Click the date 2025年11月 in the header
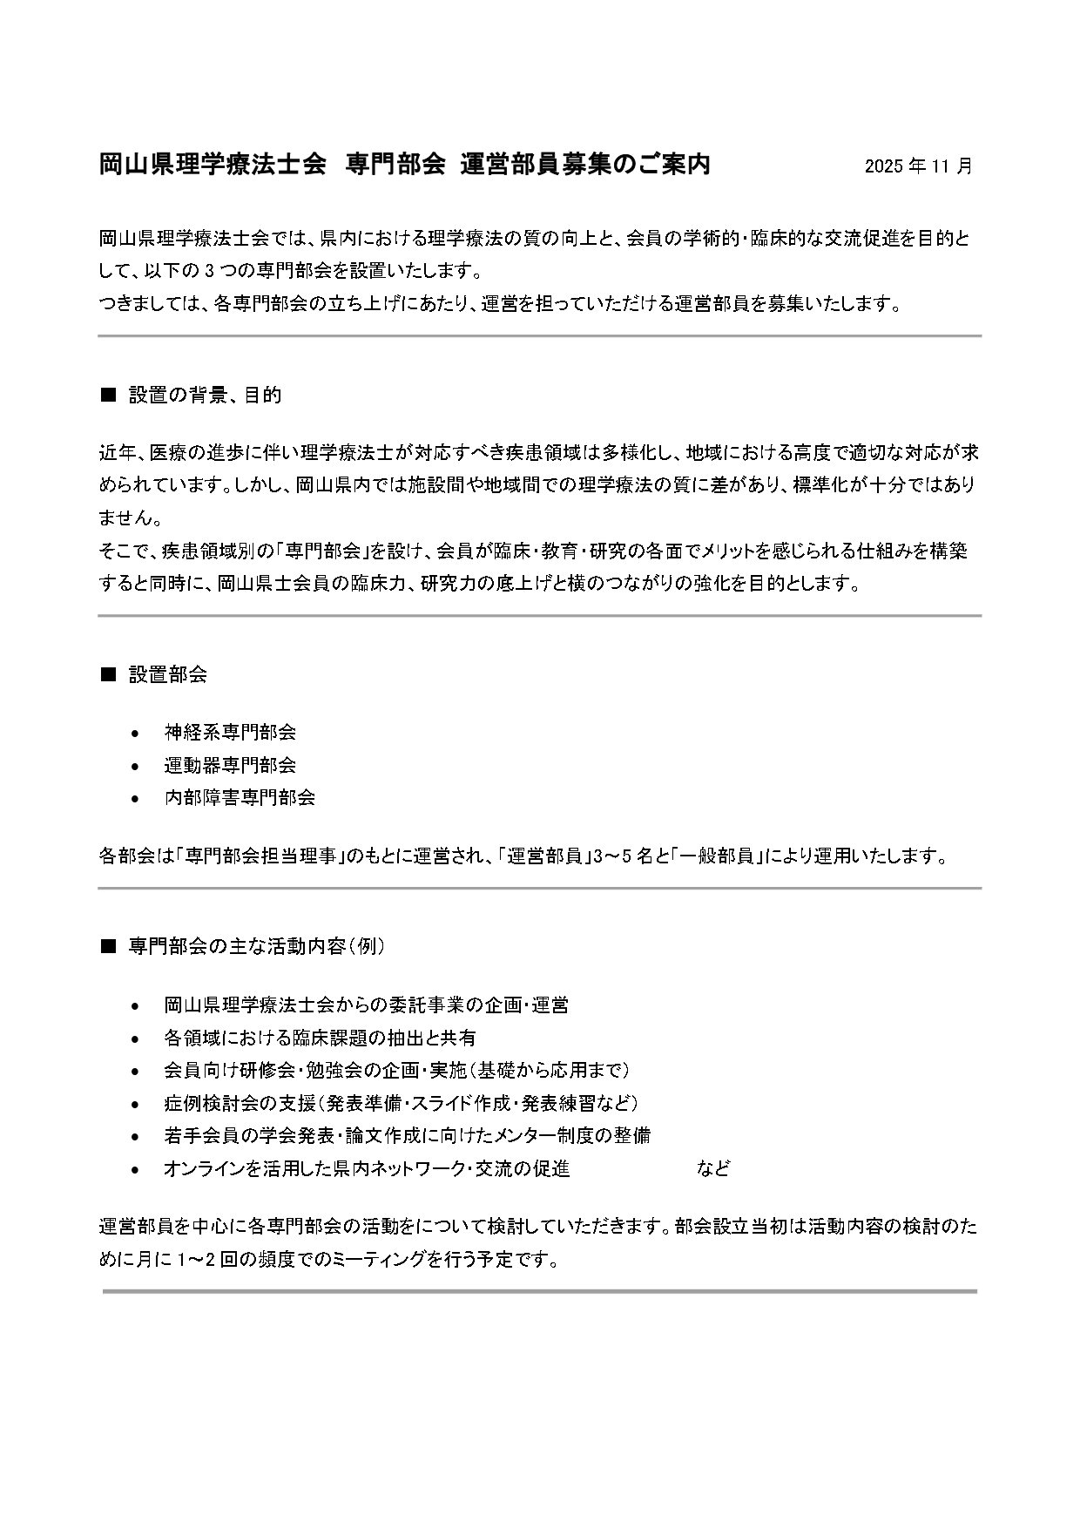pyautogui.click(x=918, y=166)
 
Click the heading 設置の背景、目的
pyautogui.click(x=205, y=396)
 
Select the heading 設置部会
pyautogui.click(x=167, y=674)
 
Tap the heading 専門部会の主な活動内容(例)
pyautogui.click(x=256, y=946)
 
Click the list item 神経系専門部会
pyautogui.click(x=230, y=733)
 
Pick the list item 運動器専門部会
pyautogui.click(x=230, y=765)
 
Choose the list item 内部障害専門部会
pyautogui.click(x=240, y=797)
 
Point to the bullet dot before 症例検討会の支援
pyautogui.click(x=134, y=1105)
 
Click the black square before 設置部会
pyautogui.click(x=109, y=674)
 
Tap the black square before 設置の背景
pyautogui.click(x=109, y=396)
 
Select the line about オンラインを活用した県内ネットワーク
pyautogui.click(x=367, y=1169)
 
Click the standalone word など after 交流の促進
pyautogui.click(x=712, y=1169)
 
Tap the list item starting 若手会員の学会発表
pyautogui.click(x=407, y=1136)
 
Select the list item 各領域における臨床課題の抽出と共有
pyautogui.click(x=320, y=1038)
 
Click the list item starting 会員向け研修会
pyautogui.click(x=396, y=1071)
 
